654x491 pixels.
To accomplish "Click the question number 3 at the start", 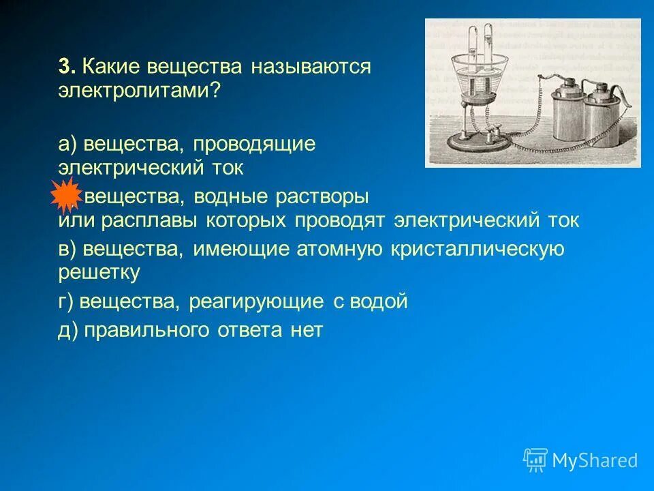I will click(65, 67).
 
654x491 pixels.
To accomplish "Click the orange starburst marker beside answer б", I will click(66, 196).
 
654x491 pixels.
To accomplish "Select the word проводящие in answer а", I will click(254, 144).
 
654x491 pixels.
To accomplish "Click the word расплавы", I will click(144, 221).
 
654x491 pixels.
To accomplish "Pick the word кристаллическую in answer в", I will click(478, 249).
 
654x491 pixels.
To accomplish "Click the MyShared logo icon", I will click(535, 460).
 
